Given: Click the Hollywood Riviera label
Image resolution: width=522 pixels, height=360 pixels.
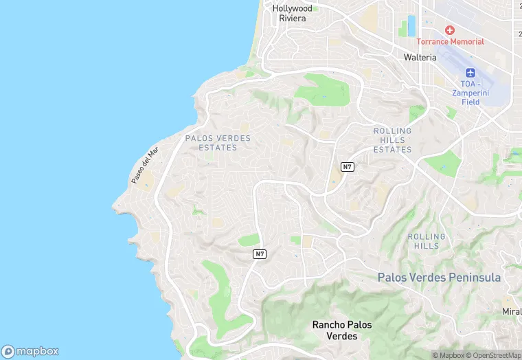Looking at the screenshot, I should point(292,13).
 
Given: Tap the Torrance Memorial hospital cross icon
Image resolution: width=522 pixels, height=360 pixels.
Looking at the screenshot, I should point(450,30).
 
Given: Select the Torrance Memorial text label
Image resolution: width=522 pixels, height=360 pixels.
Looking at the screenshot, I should point(450,42).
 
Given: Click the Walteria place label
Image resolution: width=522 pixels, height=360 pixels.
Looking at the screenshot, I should point(420,58).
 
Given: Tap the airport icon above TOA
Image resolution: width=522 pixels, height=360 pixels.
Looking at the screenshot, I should point(470,74).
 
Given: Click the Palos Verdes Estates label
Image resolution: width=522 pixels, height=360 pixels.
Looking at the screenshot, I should point(218,142).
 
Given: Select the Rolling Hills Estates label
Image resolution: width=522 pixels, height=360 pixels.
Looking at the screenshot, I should point(392,140).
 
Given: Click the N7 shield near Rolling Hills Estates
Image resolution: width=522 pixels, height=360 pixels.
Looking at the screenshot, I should point(348,167).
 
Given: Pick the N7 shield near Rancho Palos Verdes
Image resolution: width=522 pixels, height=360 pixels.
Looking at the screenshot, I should point(259,254).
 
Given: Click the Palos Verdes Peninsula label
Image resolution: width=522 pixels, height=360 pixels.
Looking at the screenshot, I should point(439,278).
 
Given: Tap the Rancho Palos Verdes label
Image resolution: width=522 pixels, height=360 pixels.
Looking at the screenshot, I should point(334,330).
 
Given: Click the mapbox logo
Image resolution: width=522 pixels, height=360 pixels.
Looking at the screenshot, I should point(30,350).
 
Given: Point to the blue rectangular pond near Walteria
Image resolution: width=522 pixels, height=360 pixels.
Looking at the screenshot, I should point(412,26).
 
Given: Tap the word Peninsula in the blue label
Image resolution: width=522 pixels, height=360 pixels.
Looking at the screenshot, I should point(475,278).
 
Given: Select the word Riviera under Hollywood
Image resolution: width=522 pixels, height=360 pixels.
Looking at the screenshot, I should point(292,19).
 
